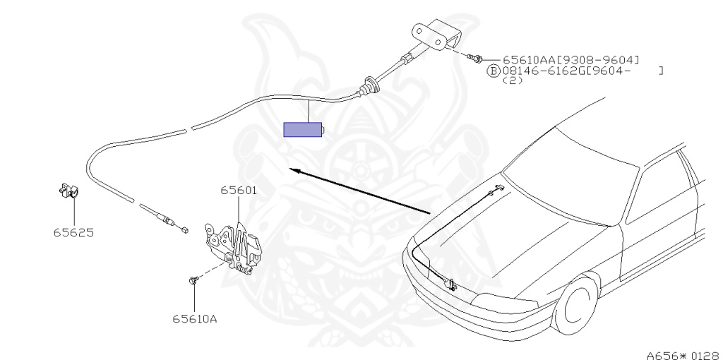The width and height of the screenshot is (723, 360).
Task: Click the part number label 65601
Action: tap(238, 191)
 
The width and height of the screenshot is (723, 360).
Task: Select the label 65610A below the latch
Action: tap(193, 318)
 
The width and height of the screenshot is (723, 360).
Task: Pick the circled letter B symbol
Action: tap(494, 71)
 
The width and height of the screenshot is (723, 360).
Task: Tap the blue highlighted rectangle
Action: tap(302, 130)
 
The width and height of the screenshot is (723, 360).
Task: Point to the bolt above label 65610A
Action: tap(192, 281)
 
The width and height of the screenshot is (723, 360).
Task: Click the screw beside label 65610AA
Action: tap(478, 57)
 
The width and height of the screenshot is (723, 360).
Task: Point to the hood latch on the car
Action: tap(449, 285)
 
